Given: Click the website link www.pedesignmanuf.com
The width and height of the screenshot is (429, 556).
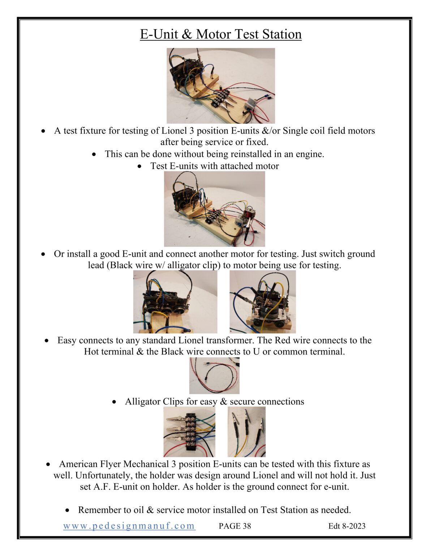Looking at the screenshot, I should click(x=129, y=526).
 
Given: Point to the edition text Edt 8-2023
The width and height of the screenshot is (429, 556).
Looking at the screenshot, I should click(x=347, y=526).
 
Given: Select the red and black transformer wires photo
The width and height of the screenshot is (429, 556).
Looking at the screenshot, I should click(x=214, y=375).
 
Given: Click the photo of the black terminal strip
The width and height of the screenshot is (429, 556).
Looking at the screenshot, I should click(x=189, y=431).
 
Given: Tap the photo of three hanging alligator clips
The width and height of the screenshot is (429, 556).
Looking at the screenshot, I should click(x=246, y=431).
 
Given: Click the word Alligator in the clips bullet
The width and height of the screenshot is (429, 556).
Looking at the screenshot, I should click(x=143, y=402).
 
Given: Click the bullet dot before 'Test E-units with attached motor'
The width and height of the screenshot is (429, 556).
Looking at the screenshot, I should click(x=140, y=167).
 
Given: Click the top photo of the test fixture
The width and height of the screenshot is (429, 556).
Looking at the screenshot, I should click(x=220, y=86).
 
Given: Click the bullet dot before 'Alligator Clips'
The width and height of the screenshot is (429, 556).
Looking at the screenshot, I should click(x=114, y=402).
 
